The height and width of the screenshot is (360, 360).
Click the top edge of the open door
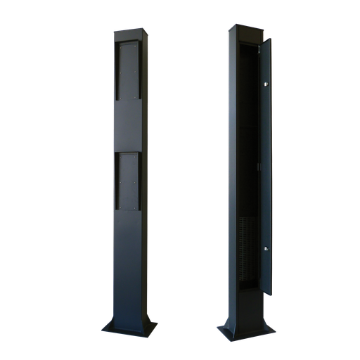pyautogui.click(x=265, y=39)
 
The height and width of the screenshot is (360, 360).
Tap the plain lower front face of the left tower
pyautogui.click(x=127, y=267)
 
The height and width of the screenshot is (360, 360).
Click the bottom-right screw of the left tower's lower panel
pyautogui.click(x=136, y=207)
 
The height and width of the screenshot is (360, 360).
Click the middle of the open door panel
pyautogui.click(x=266, y=165)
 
